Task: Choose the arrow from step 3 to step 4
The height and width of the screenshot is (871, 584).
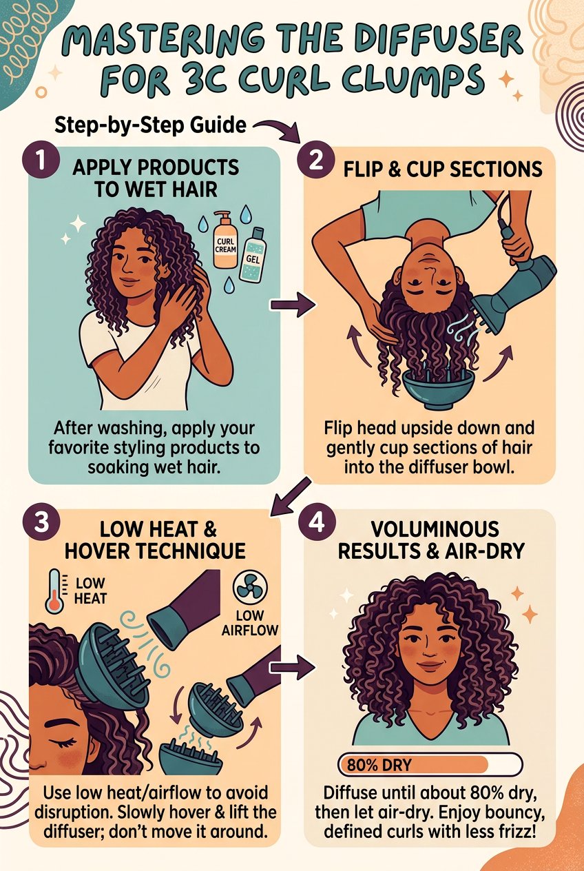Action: point(293,666)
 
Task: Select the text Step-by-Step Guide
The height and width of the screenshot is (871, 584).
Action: point(149,126)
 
